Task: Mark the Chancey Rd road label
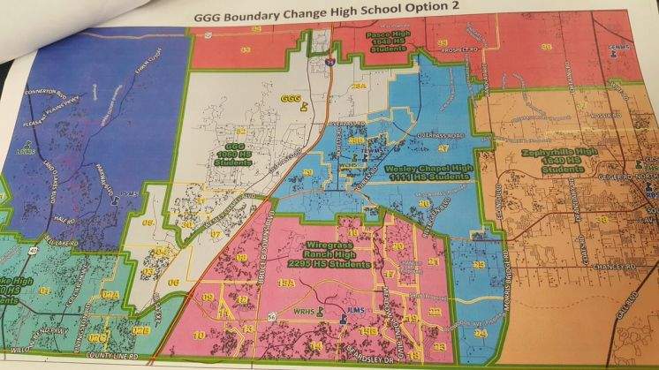click(x=616, y=265)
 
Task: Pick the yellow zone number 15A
click(x=284, y=283)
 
